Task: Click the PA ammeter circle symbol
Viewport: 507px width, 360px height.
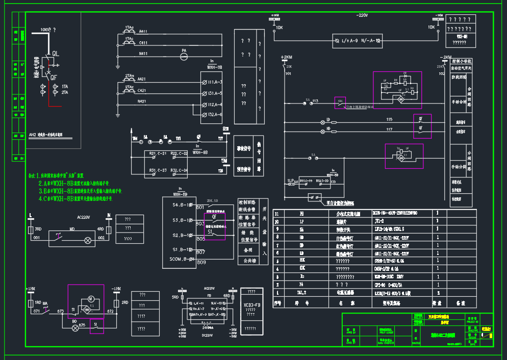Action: click(x=185, y=52)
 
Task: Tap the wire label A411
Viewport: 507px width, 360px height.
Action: click(x=143, y=32)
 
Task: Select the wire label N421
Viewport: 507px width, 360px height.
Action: click(x=142, y=101)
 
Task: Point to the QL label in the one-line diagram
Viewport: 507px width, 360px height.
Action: click(x=55, y=53)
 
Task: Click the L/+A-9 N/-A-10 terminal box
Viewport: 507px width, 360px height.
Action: click(x=357, y=40)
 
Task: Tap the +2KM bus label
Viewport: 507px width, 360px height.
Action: click(x=287, y=57)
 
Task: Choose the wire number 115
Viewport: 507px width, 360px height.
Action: click(x=389, y=119)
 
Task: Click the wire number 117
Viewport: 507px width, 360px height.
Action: click(x=389, y=130)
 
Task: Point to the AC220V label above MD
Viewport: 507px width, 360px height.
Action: click(x=83, y=217)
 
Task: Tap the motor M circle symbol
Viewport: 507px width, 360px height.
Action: click(x=90, y=298)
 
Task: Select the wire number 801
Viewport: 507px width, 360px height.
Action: click(x=200, y=207)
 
